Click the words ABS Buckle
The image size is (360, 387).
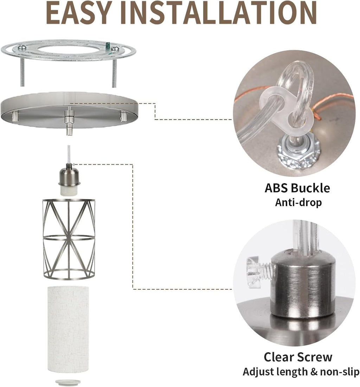pos(297,188)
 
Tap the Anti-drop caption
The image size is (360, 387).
pos(298,202)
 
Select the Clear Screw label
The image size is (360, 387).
pos(298,357)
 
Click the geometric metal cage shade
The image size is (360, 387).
pos(69,239)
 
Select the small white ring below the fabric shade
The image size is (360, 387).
pos(68,382)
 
